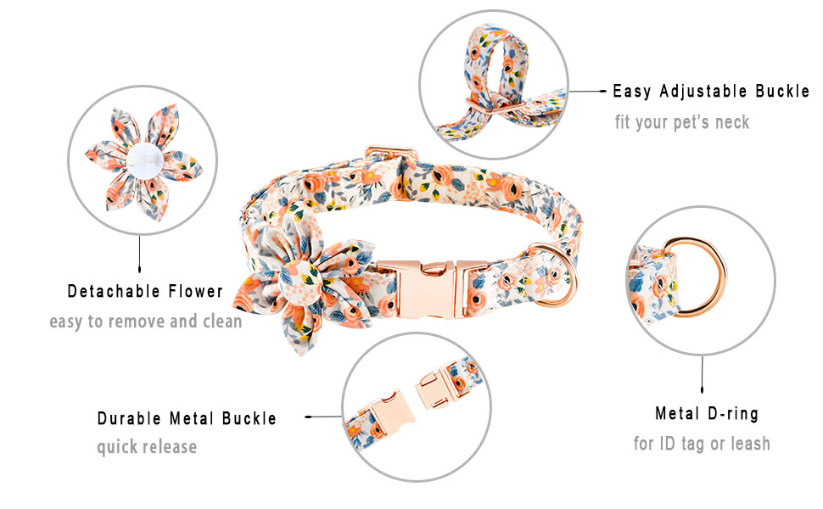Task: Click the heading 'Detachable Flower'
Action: pyautogui.click(x=145, y=292)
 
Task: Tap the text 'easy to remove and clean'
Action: pyautogui.click(x=145, y=322)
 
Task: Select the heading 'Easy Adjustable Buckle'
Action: pyautogui.click(x=711, y=92)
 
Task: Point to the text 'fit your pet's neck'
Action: pyautogui.click(x=682, y=122)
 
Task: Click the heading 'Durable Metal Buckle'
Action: pyautogui.click(x=187, y=418)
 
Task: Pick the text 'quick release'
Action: pyautogui.click(x=146, y=446)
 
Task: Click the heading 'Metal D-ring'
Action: pyautogui.click(x=706, y=414)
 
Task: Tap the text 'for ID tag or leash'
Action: pyautogui.click(x=702, y=443)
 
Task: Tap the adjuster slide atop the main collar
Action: pyautogui.click(x=391, y=158)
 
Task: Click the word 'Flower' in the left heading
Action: pyautogui.click(x=194, y=292)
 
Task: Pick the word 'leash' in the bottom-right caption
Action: pyautogui.click(x=748, y=443)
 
